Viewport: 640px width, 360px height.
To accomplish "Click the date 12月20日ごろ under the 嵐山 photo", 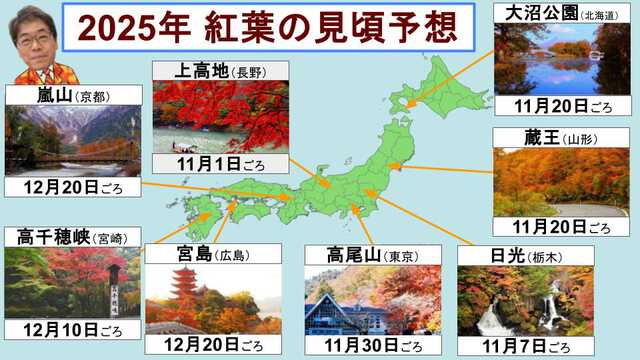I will (x=61, y=187).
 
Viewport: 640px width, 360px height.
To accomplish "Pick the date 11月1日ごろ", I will (x=219, y=163).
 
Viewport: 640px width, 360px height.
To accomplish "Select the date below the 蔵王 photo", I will (x=561, y=228).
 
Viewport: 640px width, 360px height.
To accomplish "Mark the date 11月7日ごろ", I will (x=524, y=347).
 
